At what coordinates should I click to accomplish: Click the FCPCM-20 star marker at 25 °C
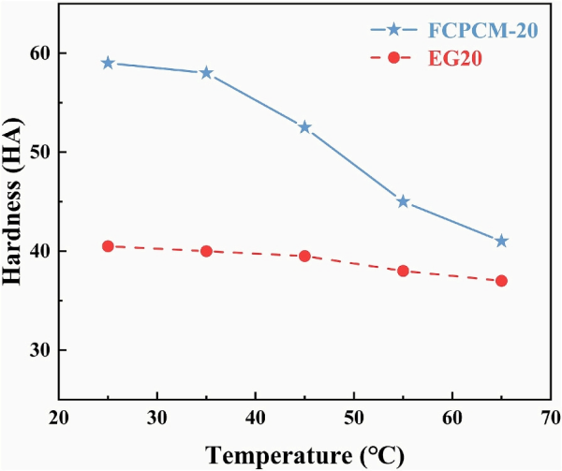click(108, 63)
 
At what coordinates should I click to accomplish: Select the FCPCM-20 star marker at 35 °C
click(206, 73)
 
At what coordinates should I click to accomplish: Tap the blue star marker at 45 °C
click(304, 127)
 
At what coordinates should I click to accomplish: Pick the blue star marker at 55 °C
click(403, 201)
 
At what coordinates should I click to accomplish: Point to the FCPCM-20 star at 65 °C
click(501, 241)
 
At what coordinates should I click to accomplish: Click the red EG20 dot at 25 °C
click(108, 246)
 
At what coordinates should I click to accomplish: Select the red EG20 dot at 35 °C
click(206, 251)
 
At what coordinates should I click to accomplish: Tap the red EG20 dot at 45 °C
click(304, 256)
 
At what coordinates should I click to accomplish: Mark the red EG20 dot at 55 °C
click(403, 271)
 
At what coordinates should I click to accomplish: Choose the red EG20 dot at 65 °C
click(501, 281)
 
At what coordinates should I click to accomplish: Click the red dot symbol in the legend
click(394, 58)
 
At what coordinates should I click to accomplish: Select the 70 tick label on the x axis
click(550, 417)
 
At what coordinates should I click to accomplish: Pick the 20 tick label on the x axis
click(59, 417)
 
